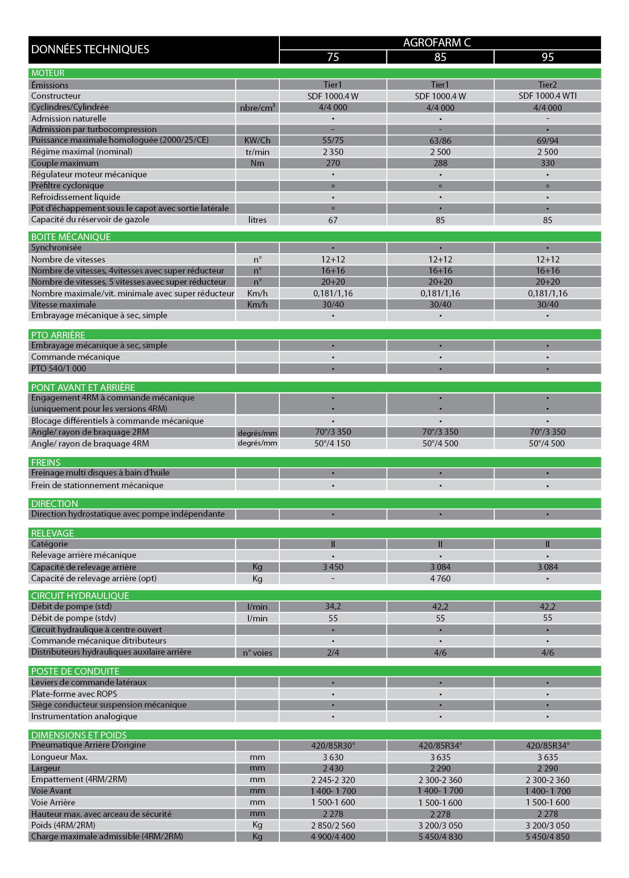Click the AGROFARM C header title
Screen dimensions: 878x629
(x=440, y=43)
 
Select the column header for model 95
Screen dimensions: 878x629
(x=547, y=57)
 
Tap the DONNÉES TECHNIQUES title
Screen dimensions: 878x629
(x=90, y=49)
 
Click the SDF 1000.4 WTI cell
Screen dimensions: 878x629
(x=547, y=96)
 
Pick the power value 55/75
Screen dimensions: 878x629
(x=333, y=140)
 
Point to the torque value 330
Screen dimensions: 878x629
(x=547, y=163)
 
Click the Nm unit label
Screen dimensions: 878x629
(x=257, y=163)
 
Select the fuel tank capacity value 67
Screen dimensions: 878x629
(x=333, y=220)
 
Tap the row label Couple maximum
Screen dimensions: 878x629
(x=65, y=163)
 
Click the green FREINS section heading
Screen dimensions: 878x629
(x=46, y=462)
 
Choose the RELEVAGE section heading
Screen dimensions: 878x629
(x=52, y=533)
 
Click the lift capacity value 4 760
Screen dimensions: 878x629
(x=440, y=579)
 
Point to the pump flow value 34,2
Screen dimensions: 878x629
(x=333, y=606)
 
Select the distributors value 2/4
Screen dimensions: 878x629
(x=333, y=653)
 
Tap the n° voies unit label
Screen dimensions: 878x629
(x=257, y=653)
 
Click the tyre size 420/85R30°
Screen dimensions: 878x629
(x=333, y=746)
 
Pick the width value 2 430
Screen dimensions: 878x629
(x=333, y=769)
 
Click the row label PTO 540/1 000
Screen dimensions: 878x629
(x=59, y=369)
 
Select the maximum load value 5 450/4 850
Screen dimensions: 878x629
(x=547, y=837)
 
